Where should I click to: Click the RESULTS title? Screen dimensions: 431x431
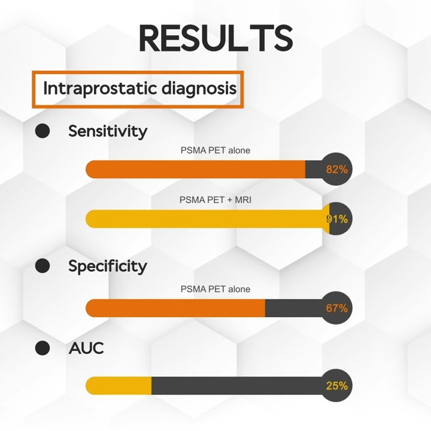215,38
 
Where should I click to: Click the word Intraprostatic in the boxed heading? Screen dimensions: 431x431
100,89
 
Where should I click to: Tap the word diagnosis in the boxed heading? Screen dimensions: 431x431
199,89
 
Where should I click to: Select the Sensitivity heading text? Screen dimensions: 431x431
108,131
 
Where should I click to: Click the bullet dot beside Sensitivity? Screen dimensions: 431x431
43,130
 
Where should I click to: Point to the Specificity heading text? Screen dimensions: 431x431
108,266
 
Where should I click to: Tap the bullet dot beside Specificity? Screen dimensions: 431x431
43,266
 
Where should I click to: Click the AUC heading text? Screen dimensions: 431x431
86,348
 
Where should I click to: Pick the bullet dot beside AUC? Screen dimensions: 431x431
43,348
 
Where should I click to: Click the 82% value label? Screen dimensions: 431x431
337,169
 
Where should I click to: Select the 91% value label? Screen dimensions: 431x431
337,219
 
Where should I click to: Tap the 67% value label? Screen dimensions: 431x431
337,308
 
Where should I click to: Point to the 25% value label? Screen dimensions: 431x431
337,386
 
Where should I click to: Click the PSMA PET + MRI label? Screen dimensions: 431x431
215,200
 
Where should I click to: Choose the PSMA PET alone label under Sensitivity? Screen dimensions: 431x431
215,150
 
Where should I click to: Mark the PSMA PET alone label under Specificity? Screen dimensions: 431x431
215,289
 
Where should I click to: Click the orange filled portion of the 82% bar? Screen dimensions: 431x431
195,169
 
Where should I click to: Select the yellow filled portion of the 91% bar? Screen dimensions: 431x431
208,219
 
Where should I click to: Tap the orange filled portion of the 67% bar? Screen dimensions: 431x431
175,308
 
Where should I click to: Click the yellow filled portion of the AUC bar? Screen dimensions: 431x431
119,386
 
